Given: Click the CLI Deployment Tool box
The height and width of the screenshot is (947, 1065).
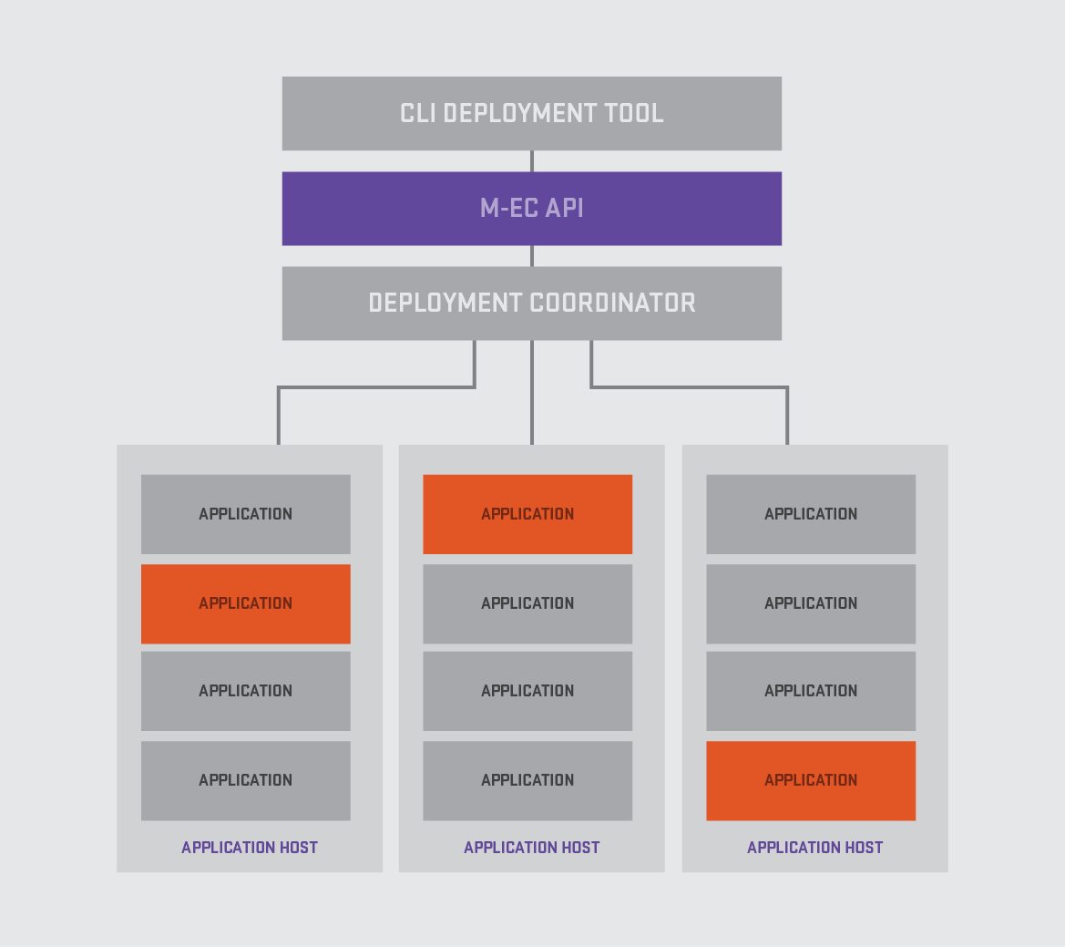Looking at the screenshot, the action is pyautogui.click(x=532, y=113).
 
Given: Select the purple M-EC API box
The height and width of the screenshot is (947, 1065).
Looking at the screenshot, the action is pyautogui.click(x=532, y=209).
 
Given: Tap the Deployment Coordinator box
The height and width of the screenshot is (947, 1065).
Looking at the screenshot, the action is pyautogui.click(x=532, y=303).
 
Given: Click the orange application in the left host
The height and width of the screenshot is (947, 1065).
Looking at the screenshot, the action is pyautogui.click(x=246, y=604).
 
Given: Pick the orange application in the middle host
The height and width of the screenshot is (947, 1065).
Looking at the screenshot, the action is pyautogui.click(x=527, y=514).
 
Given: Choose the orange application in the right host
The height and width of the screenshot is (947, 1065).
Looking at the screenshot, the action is pyautogui.click(x=811, y=780).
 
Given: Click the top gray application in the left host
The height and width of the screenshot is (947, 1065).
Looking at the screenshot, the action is pyautogui.click(x=246, y=514).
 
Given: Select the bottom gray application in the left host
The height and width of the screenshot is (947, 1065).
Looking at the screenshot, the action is pyautogui.click(x=246, y=780).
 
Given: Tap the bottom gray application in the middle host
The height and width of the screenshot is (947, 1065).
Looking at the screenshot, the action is pyautogui.click(x=527, y=780).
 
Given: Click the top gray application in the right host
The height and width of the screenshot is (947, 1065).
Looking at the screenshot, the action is pyautogui.click(x=811, y=514).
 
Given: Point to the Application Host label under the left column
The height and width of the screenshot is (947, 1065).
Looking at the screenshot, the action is pyautogui.click(x=250, y=847).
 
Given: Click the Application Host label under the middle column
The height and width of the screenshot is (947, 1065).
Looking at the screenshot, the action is pyautogui.click(x=532, y=847).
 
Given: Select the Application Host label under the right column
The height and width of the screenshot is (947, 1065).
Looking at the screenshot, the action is pyautogui.click(x=815, y=847).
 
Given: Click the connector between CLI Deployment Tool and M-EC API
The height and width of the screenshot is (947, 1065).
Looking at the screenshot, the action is pyautogui.click(x=532, y=161).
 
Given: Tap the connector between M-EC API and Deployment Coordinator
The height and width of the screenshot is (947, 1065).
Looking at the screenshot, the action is pyautogui.click(x=532, y=256).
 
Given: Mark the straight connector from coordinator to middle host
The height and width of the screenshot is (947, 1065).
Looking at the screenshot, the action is pyautogui.click(x=532, y=393).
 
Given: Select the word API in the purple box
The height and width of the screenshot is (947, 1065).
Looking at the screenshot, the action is pyautogui.click(x=565, y=209).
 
